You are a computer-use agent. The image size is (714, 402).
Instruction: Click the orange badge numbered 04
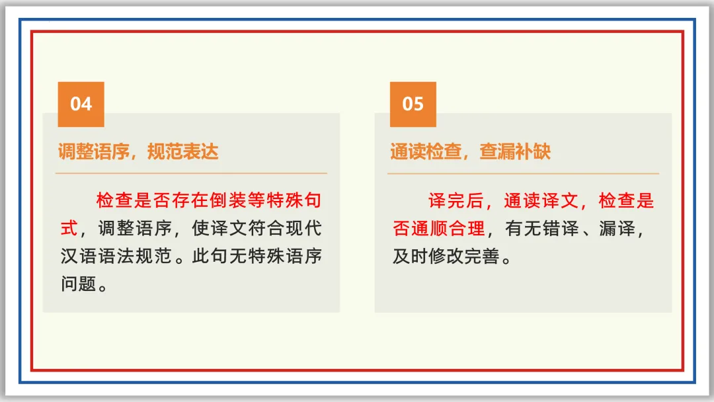click(81, 104)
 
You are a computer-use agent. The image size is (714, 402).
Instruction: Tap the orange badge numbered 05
click(413, 104)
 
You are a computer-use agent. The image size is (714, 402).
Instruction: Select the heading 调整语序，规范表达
click(138, 152)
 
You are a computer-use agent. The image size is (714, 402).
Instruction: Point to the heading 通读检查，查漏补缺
click(470, 152)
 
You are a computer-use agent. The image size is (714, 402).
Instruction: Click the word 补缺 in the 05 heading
click(532, 152)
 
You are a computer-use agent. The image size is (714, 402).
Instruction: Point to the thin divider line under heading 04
click(191, 173)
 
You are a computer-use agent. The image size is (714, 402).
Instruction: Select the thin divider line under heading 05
click(523, 173)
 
